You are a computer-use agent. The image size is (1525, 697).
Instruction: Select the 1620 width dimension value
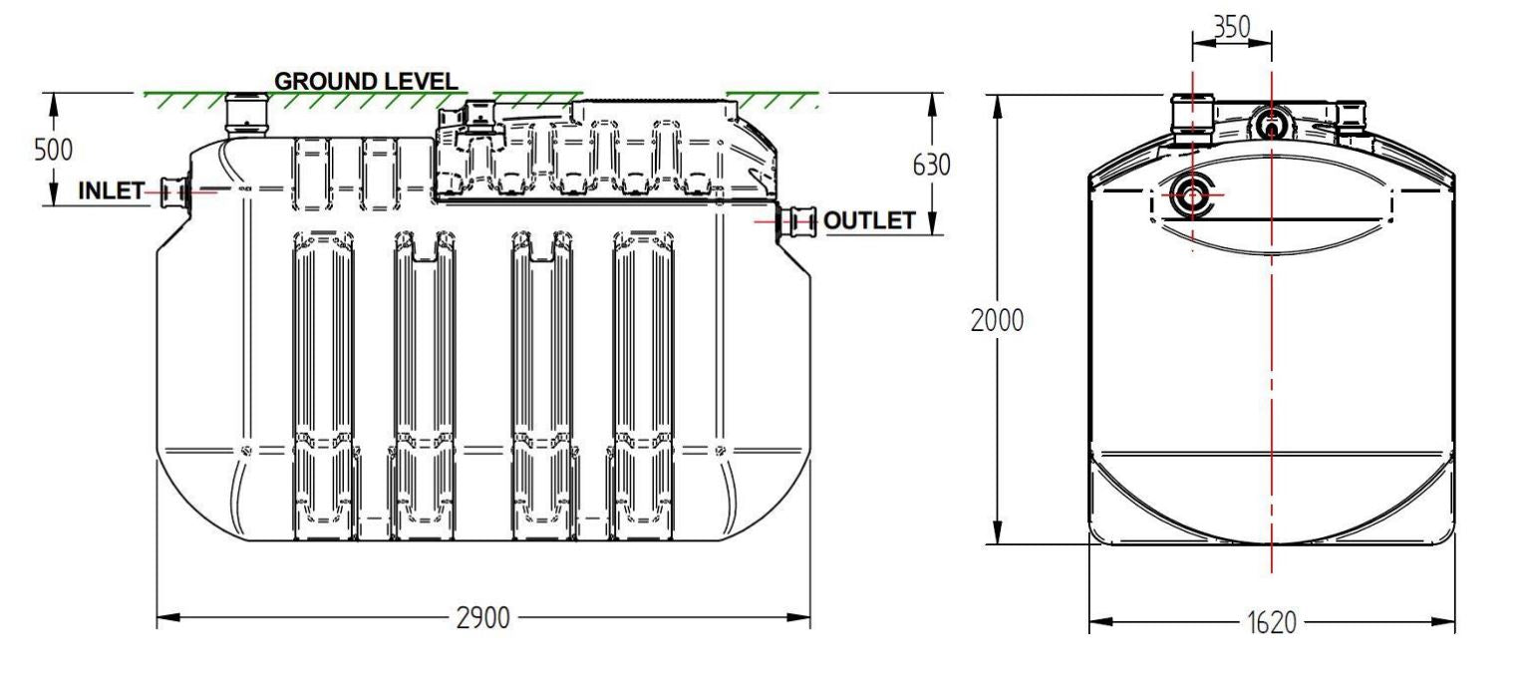tap(1272, 624)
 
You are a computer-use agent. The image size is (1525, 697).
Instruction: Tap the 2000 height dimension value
tap(998, 322)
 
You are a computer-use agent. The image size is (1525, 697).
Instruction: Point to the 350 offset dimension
tap(1232, 27)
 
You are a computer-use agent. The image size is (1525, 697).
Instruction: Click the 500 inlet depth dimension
tap(53, 150)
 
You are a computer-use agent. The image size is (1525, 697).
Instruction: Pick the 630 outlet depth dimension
tap(932, 165)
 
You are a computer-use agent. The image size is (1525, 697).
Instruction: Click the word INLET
tap(111, 190)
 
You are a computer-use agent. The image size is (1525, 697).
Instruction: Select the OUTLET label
tap(869, 221)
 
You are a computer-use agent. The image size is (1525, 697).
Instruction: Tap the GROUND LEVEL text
tap(366, 82)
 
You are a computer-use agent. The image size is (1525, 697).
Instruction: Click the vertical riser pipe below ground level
tap(244, 115)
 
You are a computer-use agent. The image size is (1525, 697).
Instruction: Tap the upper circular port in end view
tap(1271, 125)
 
